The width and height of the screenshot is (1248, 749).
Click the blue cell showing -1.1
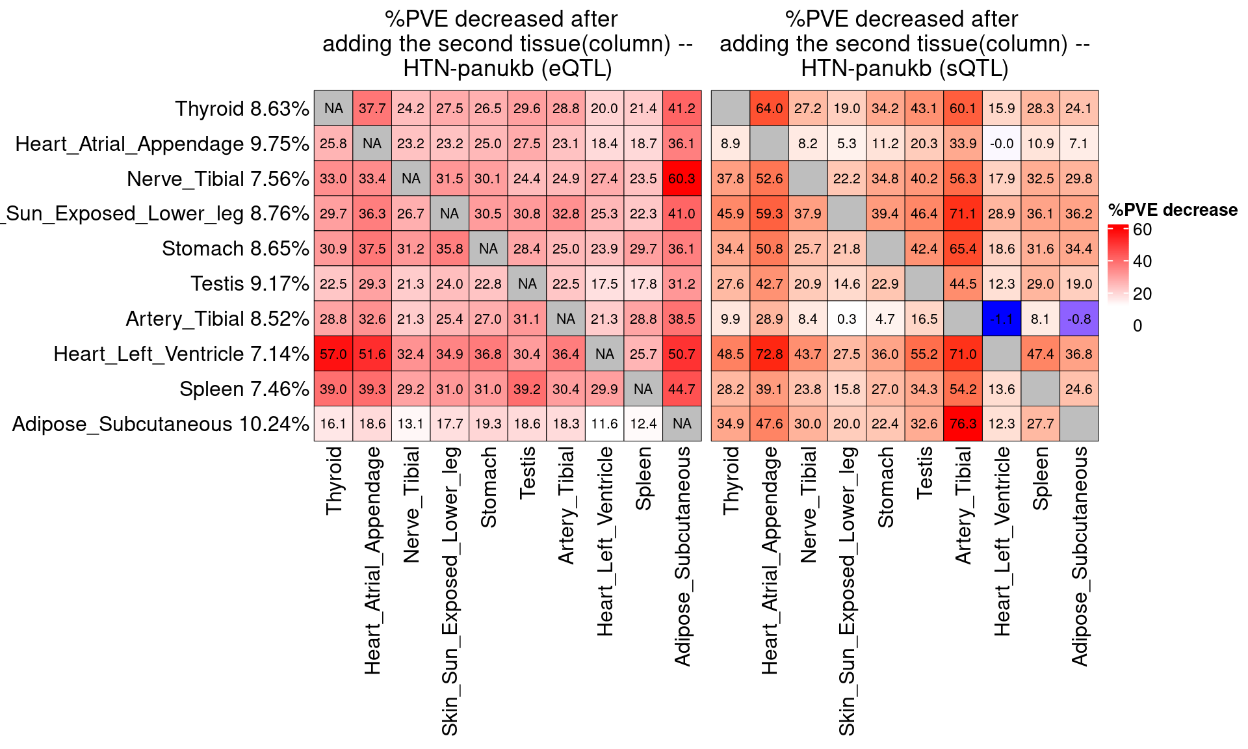click(x=1001, y=319)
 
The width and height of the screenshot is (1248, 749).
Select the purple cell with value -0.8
click(x=1078, y=319)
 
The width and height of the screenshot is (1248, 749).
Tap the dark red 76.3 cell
click(x=963, y=424)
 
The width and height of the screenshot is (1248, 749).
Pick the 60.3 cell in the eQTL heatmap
click(x=682, y=178)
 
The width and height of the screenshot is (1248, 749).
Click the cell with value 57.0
click(x=333, y=354)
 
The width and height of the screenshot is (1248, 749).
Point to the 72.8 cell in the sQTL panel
click(x=769, y=354)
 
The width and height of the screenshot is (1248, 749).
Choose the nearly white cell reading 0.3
click(x=846, y=319)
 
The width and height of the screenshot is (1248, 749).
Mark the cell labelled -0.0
click(x=1001, y=143)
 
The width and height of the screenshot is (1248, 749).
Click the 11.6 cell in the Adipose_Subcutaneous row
click(x=604, y=424)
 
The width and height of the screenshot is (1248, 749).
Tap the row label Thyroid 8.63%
click(x=242, y=109)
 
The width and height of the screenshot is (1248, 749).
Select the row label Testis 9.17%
click(x=250, y=283)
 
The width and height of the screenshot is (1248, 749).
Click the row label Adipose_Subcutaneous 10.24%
click(x=161, y=424)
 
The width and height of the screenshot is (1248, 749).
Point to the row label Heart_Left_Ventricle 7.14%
click(x=181, y=354)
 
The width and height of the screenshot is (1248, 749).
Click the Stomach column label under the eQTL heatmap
click(x=488, y=487)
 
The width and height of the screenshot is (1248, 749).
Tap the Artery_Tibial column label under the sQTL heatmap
click(x=963, y=505)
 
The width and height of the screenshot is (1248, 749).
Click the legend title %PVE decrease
click(x=1173, y=210)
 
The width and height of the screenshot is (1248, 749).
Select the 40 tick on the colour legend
click(x=1142, y=261)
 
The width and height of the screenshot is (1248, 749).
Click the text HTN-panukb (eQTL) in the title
click(x=507, y=68)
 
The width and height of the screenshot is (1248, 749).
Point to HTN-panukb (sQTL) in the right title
click(x=904, y=68)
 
